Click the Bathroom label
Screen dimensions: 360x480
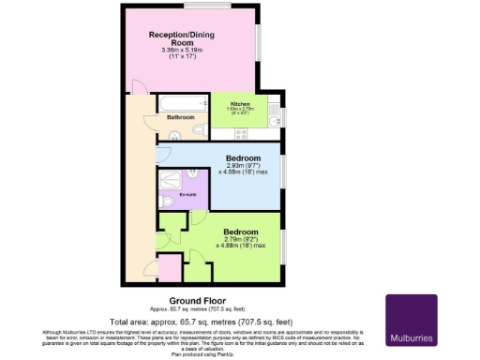coord(180,118)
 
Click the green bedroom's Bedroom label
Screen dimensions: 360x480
coord(242,231)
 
